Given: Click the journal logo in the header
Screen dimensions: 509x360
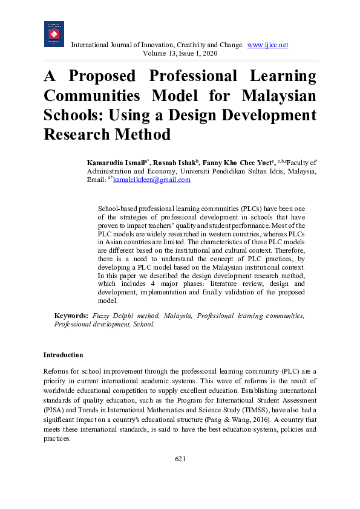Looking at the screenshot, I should coord(54,34).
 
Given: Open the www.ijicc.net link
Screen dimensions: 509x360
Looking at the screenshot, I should coord(267,45).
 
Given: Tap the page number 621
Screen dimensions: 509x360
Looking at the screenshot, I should coord(180,459).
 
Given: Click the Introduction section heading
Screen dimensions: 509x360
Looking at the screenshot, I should coord(64,355).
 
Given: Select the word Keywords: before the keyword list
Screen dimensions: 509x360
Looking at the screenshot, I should coord(71,316).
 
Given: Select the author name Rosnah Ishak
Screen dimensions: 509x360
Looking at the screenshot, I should coord(175,163).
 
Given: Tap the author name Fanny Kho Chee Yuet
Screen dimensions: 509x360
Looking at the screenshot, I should coord(238,163).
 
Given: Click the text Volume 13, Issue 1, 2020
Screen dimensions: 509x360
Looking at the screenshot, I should coord(180,54).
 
